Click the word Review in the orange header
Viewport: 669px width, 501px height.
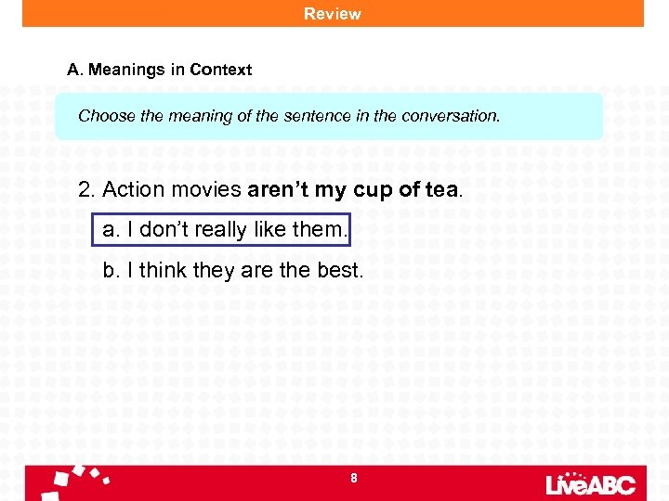tap(333, 14)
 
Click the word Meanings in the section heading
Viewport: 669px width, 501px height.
tap(124, 70)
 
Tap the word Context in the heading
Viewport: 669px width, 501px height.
tap(220, 70)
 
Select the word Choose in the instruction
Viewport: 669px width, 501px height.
tap(106, 117)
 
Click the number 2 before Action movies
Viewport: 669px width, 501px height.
tap(85, 190)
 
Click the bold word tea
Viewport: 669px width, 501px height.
tap(439, 190)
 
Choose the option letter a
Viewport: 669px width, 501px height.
tap(110, 230)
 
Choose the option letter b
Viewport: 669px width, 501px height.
tap(110, 271)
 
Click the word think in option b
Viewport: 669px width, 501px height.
tap(164, 271)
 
